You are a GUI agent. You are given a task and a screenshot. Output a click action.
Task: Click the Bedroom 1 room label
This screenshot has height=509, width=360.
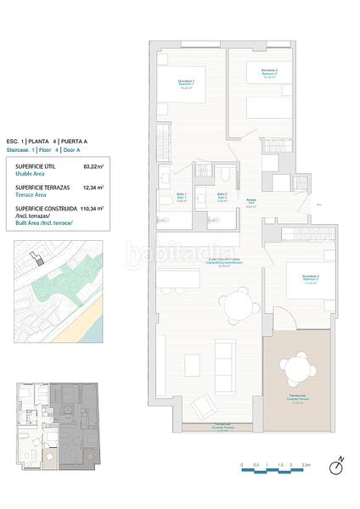click(186, 82)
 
